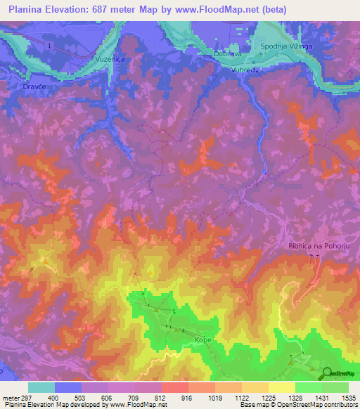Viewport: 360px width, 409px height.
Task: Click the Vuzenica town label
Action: click(110, 60)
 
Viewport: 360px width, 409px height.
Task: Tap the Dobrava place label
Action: click(229, 53)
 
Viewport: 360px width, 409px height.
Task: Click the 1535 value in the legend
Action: click(348, 397)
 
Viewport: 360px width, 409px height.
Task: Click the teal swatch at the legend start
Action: click(41, 387)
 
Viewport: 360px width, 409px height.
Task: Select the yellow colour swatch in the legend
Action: click(281, 387)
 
